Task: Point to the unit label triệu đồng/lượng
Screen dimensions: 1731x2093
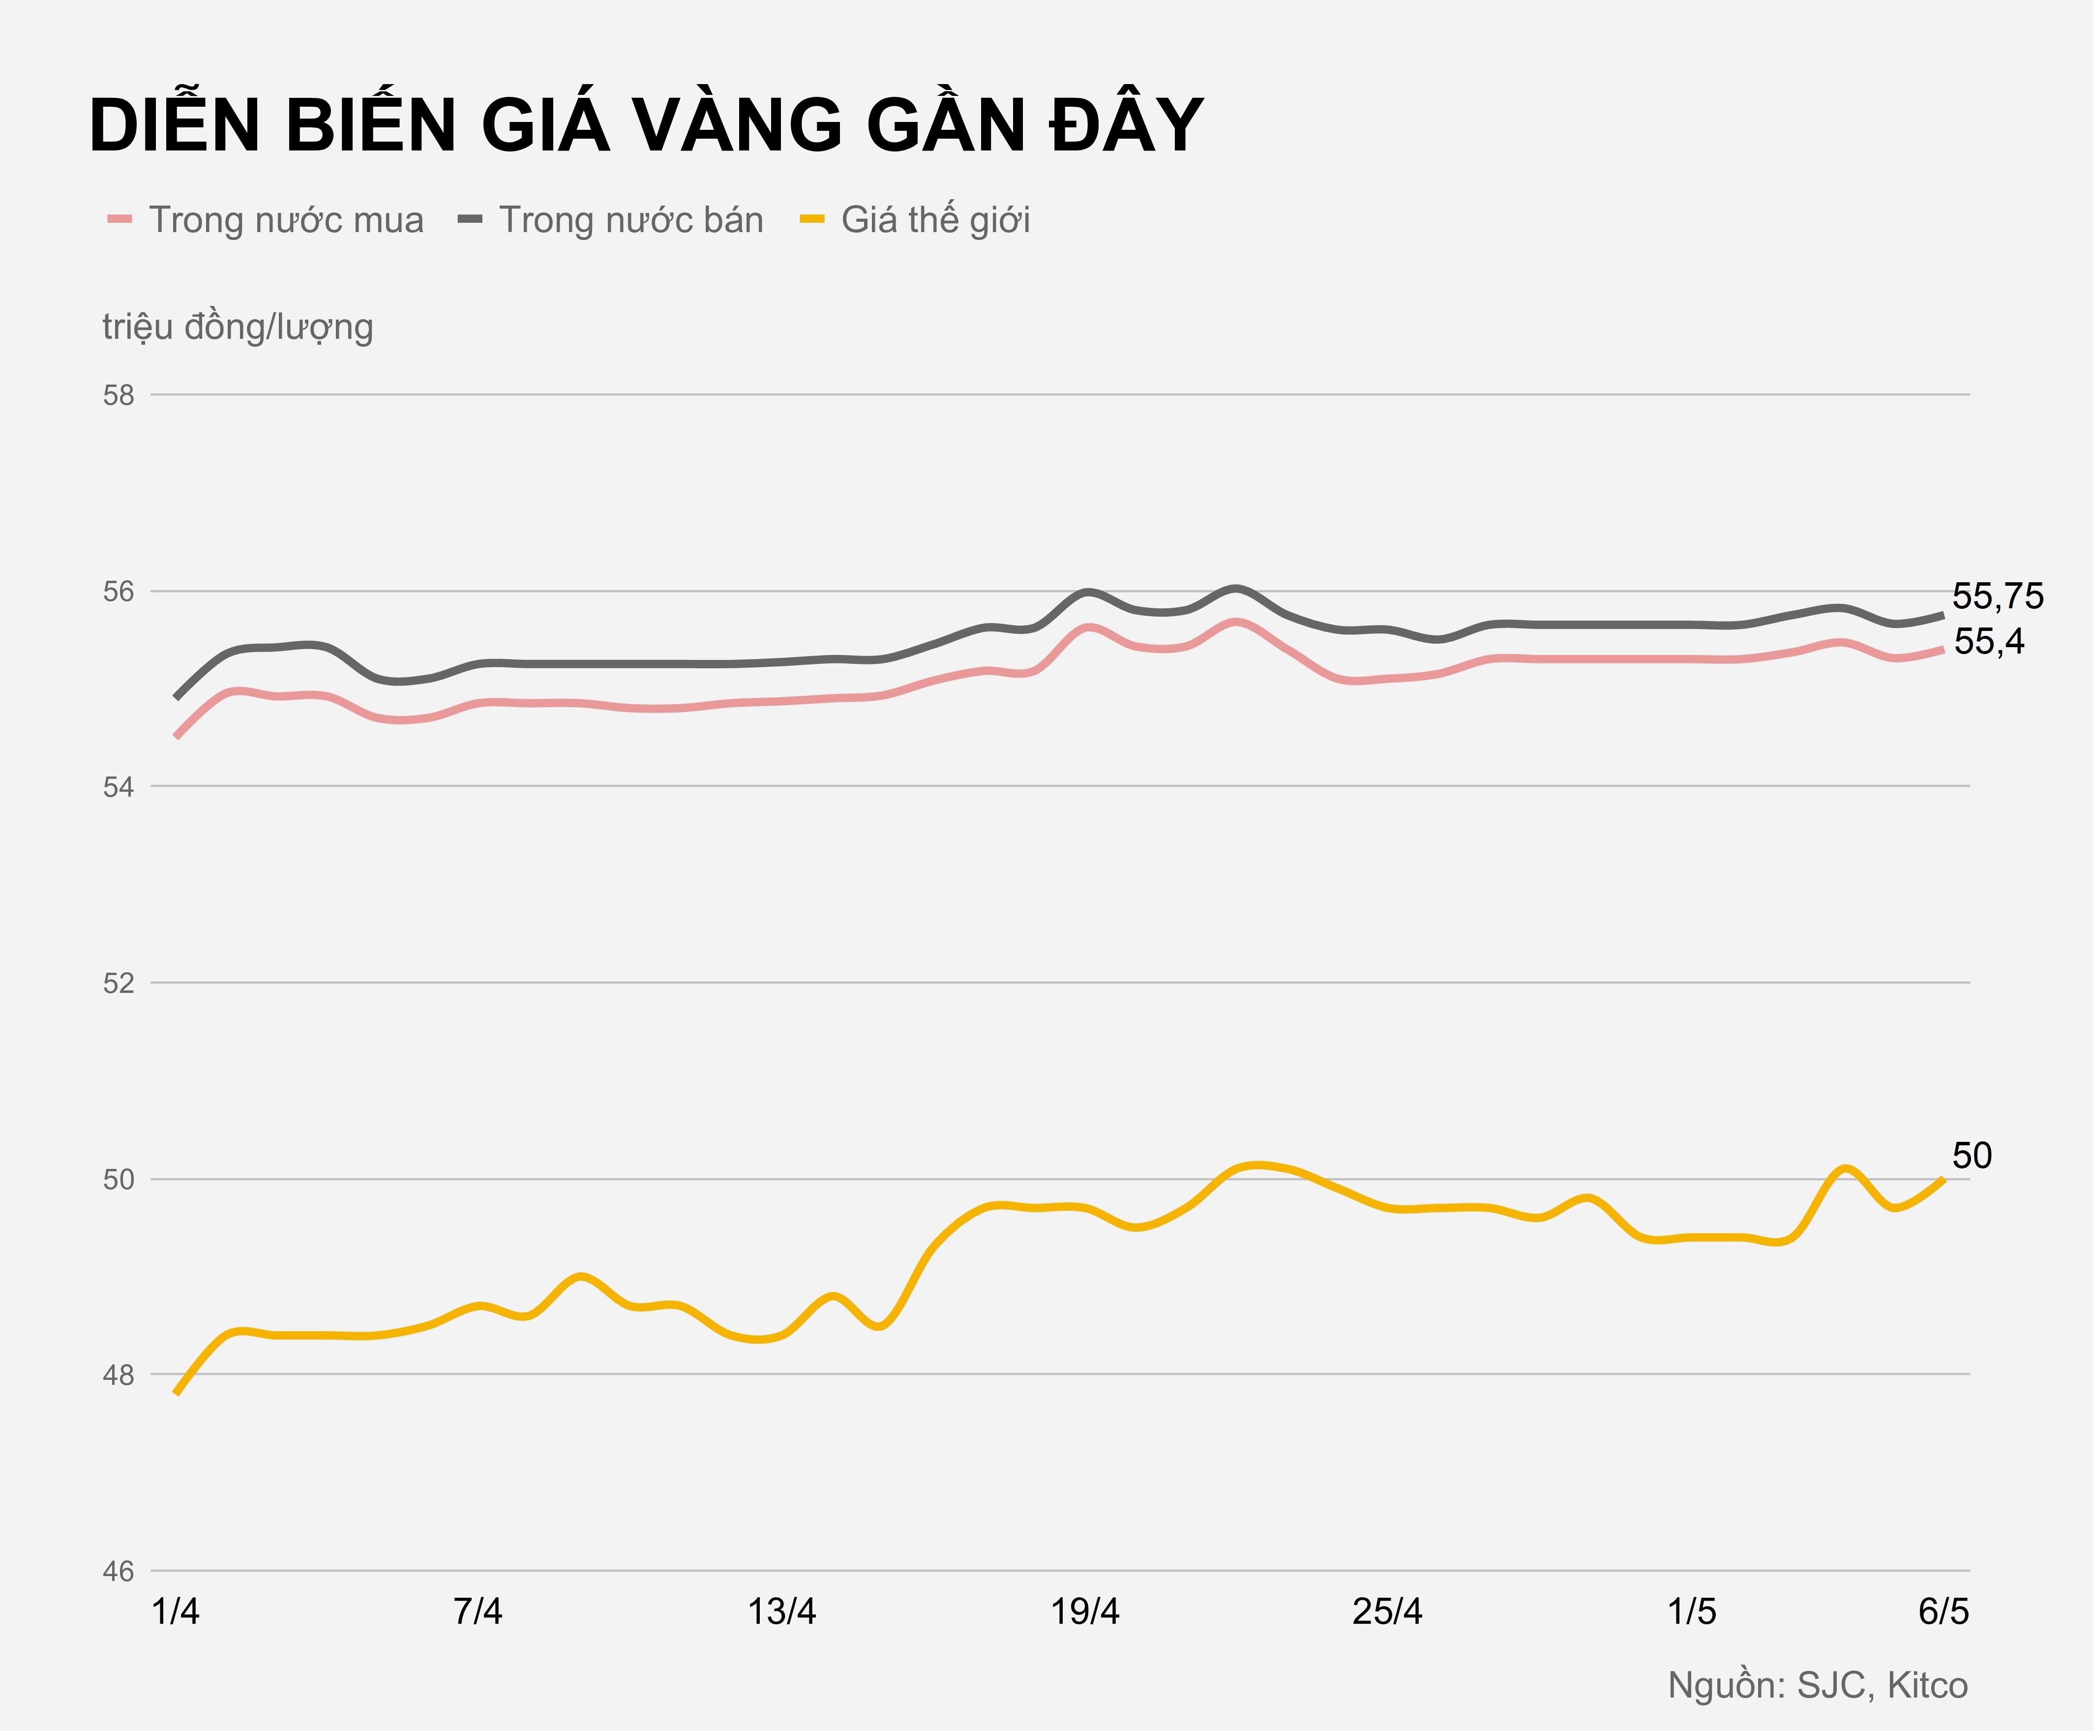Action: click(x=237, y=327)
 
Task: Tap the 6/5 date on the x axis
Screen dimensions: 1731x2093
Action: click(x=1943, y=1612)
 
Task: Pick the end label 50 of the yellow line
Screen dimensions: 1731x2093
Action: click(x=1972, y=1156)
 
